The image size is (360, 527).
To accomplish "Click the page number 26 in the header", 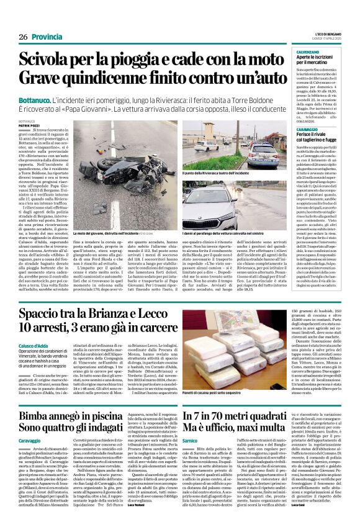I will [x=23, y=37].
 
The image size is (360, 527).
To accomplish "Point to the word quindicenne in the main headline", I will [x=101, y=78].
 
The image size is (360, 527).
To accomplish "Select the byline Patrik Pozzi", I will [x=29, y=125].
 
